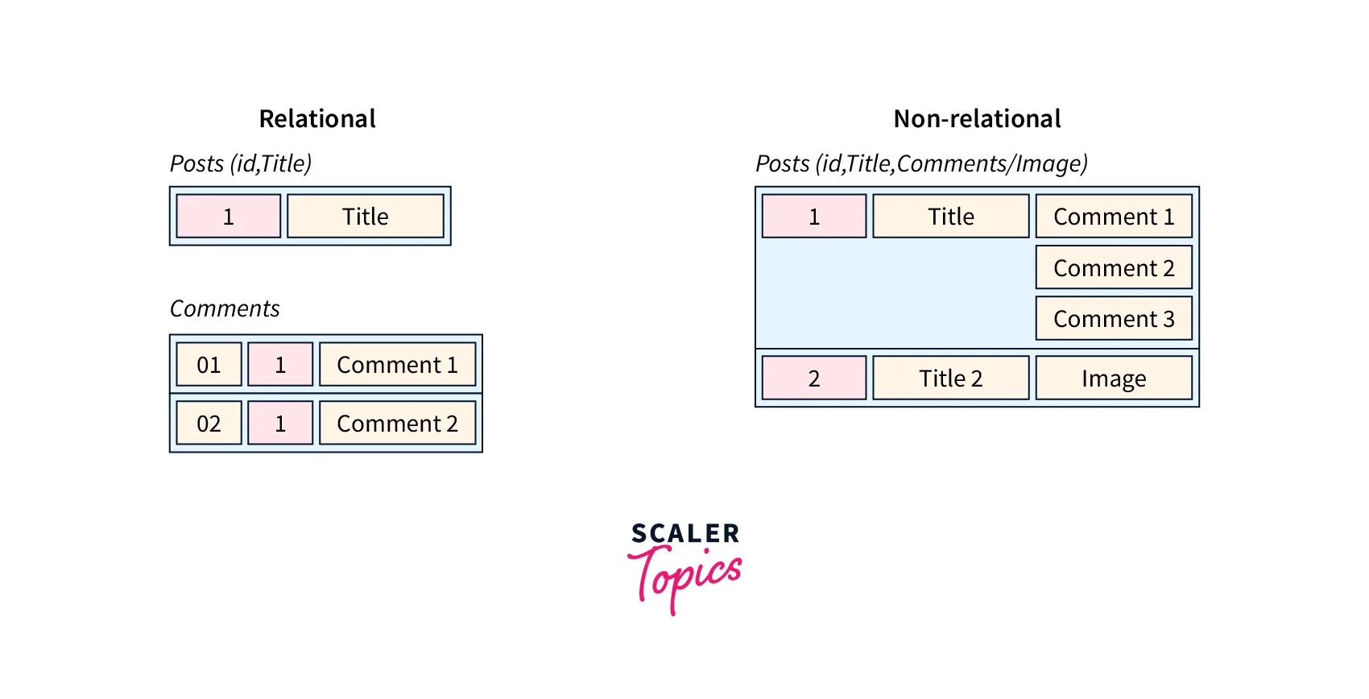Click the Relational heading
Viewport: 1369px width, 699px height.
[x=317, y=119]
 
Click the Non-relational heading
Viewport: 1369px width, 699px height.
[x=977, y=119]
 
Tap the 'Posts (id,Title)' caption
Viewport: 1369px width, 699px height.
[x=241, y=163]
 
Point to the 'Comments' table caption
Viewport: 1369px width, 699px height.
[x=225, y=308]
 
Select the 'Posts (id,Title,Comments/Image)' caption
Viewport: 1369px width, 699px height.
[x=921, y=163]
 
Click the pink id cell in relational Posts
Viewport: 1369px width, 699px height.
[x=229, y=216]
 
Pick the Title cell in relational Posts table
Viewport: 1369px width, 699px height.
[x=366, y=216]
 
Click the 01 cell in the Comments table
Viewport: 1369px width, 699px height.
[x=209, y=365]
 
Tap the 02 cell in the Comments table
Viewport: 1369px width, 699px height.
[x=209, y=424]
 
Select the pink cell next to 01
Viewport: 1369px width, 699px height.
[x=280, y=365]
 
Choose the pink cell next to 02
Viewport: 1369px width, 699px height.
[x=280, y=424]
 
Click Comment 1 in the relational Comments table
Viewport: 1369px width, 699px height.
[x=397, y=365]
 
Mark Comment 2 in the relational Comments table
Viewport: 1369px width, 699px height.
[x=397, y=424]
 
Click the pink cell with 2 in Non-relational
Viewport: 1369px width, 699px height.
[x=814, y=378]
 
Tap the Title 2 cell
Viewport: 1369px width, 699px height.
[x=951, y=378]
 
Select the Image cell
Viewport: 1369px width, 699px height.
[x=1114, y=378]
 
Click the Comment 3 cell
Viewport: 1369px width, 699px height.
[x=1114, y=319]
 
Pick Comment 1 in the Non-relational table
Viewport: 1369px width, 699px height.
[x=1114, y=216]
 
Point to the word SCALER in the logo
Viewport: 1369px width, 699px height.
[x=685, y=533]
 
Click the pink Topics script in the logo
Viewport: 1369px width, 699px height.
[x=685, y=574]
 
